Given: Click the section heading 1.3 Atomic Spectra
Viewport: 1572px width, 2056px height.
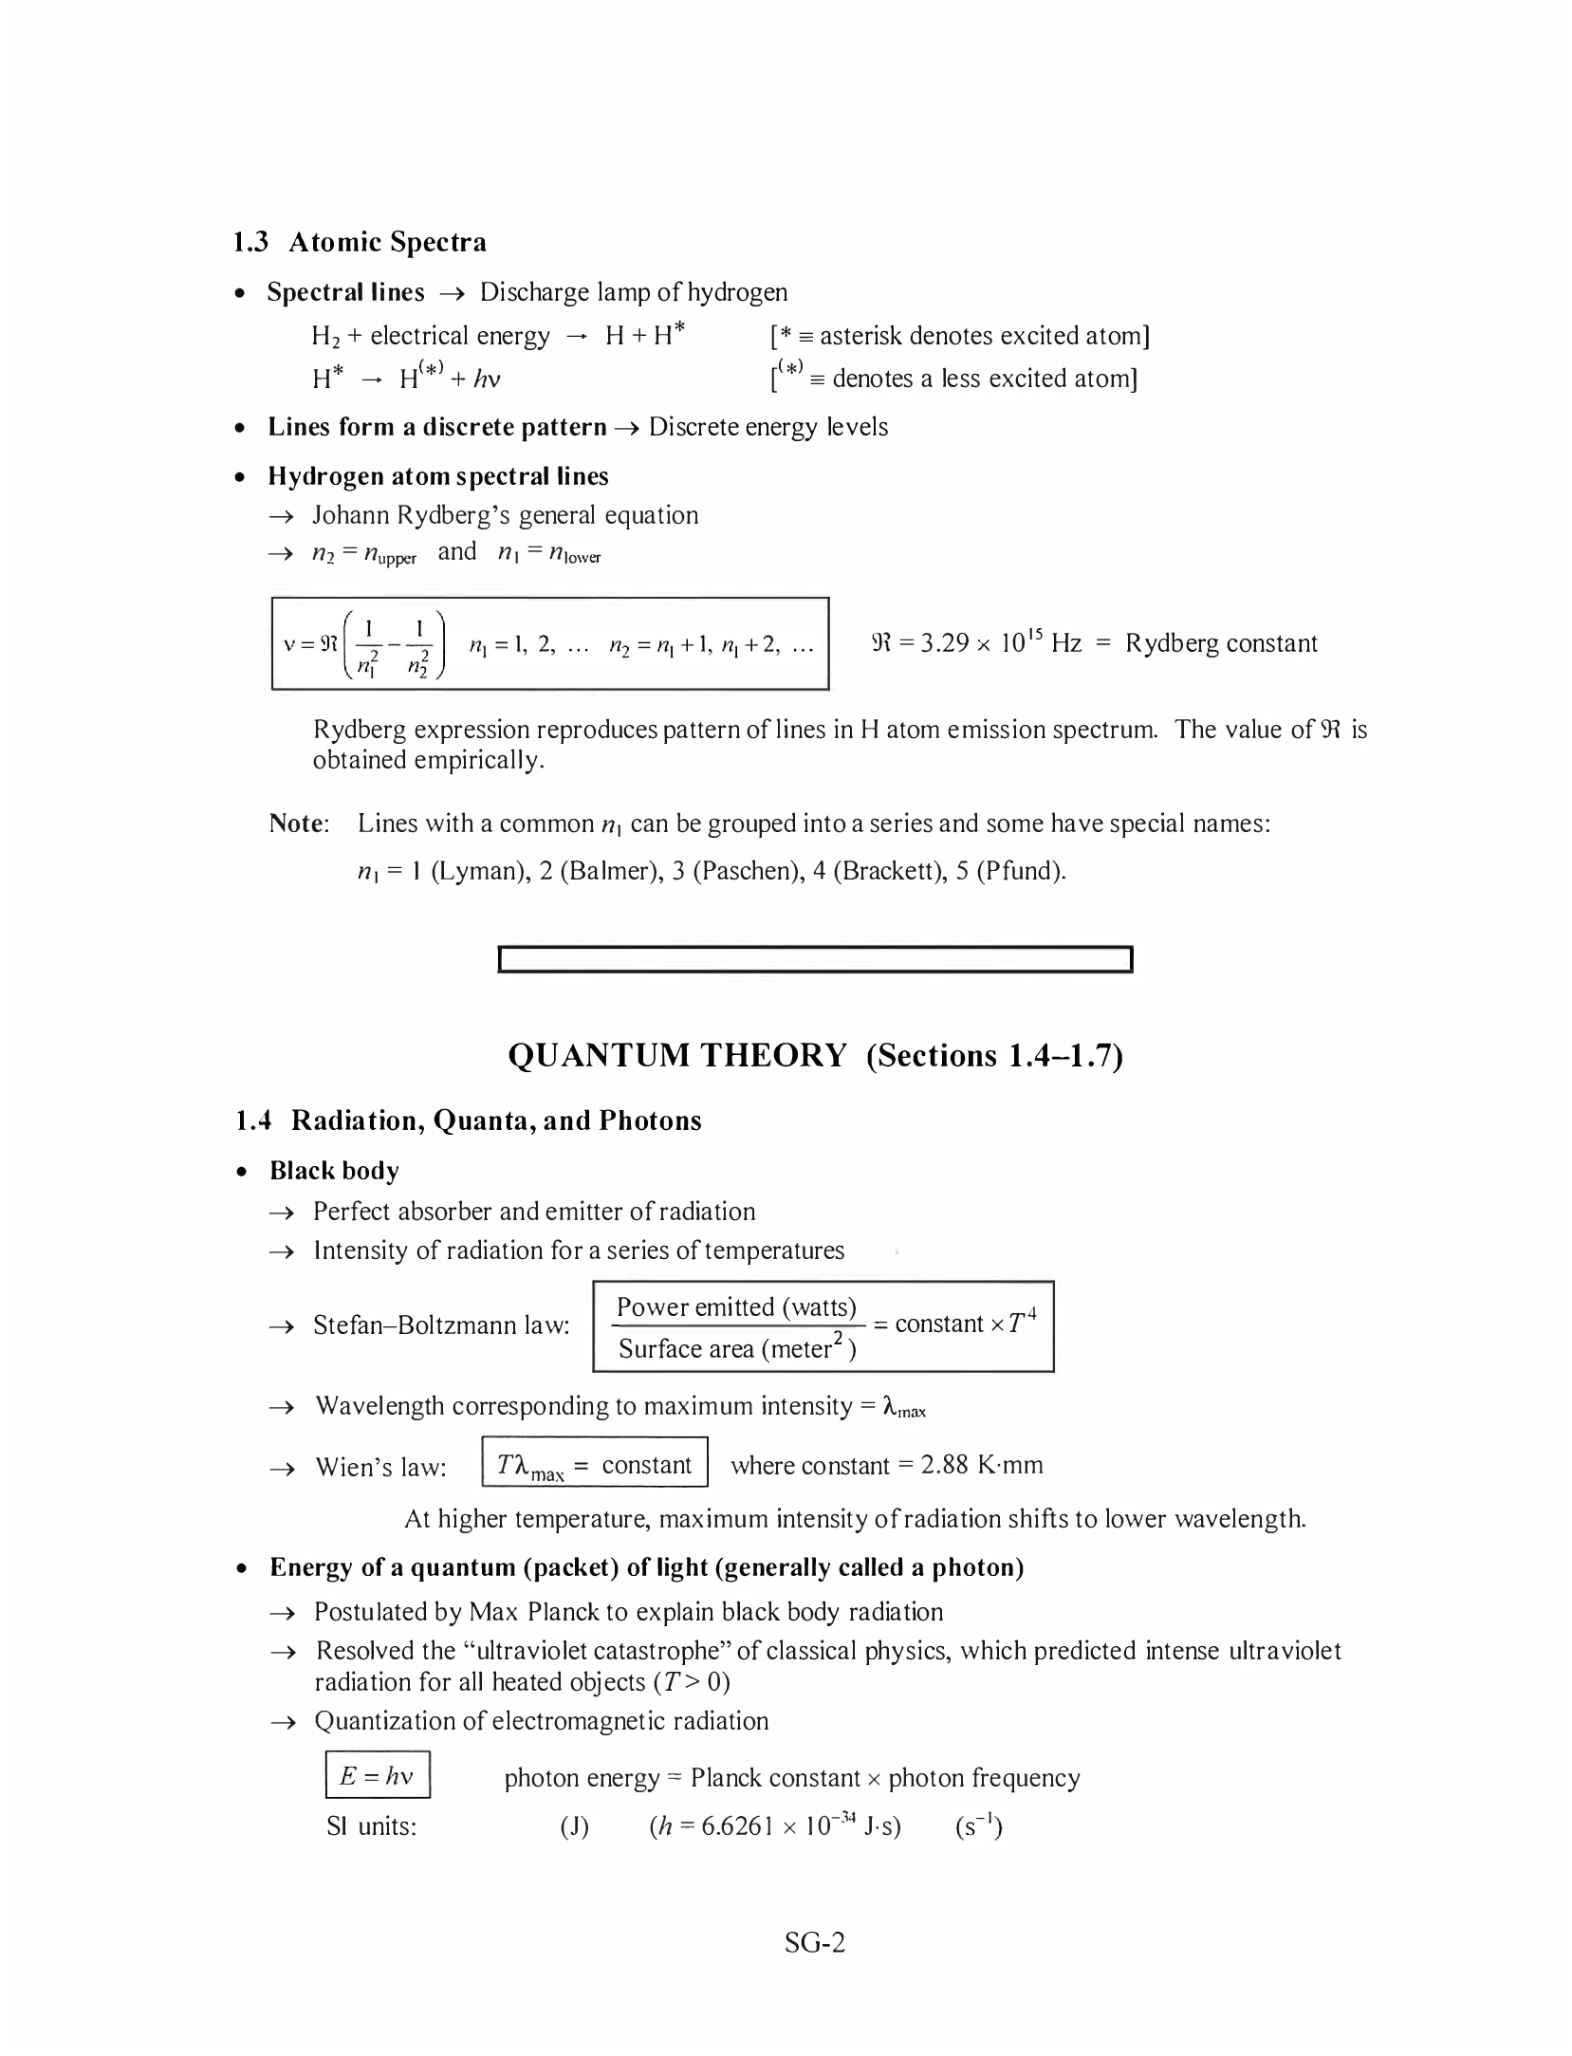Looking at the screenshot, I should point(360,242).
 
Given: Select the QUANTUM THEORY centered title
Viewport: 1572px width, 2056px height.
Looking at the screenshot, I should point(815,1055).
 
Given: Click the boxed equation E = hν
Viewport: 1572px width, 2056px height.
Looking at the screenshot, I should point(378,1775).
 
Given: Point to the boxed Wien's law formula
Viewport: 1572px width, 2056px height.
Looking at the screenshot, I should point(595,1466).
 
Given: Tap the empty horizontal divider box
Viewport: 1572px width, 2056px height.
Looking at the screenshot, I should point(815,959).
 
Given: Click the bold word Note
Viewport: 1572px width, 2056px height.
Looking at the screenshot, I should point(298,823).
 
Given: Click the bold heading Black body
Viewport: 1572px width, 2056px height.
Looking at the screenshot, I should point(334,1170).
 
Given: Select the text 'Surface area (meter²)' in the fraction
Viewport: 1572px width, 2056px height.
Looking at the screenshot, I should point(737,1348).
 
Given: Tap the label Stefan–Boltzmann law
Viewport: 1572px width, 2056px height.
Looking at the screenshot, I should point(441,1324).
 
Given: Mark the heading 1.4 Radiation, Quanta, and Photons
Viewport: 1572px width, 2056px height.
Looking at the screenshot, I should point(468,1121).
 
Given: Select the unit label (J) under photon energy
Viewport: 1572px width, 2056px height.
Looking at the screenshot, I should point(574,1826).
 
